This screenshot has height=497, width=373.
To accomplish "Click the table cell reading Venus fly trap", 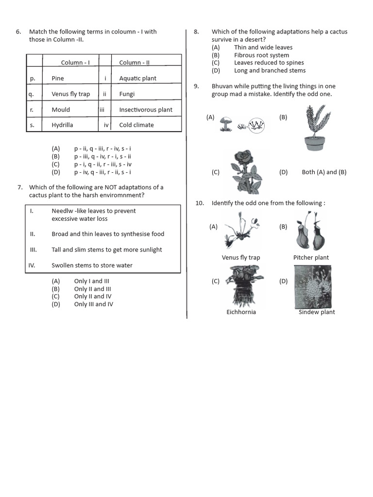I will pos(70,94).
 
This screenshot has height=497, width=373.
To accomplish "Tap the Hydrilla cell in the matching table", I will pos(62,125).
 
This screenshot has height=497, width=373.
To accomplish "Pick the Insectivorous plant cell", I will pos(146,110).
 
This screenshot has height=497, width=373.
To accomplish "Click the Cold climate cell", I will pos(136,125).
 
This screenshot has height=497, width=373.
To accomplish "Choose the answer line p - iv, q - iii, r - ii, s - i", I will pos(102,172).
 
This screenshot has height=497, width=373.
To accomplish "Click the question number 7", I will pos(20,187).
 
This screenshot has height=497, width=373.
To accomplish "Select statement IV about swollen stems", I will pos(92,265).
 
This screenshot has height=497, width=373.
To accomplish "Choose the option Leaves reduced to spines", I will pos(269,63).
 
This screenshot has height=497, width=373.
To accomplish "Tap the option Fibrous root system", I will pos(261,55).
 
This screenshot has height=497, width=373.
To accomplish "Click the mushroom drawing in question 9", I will pos(225,123).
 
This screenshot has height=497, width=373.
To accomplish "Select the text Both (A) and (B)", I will pos(324,172).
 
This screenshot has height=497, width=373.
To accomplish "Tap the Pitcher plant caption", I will pos(311,258).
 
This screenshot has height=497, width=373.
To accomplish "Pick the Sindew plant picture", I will pos(314,286).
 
